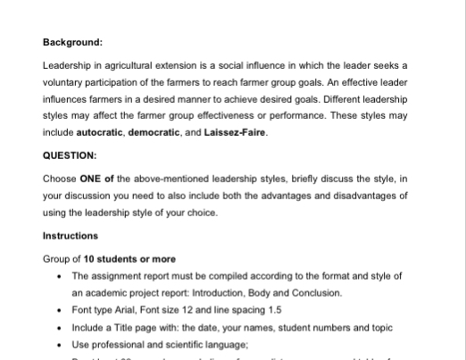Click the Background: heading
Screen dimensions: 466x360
point(72,41)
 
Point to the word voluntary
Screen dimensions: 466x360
point(65,81)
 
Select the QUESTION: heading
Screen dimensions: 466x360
point(70,155)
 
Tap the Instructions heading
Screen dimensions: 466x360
point(71,236)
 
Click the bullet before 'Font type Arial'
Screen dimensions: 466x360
point(59,309)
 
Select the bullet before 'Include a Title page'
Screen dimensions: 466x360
point(59,326)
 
